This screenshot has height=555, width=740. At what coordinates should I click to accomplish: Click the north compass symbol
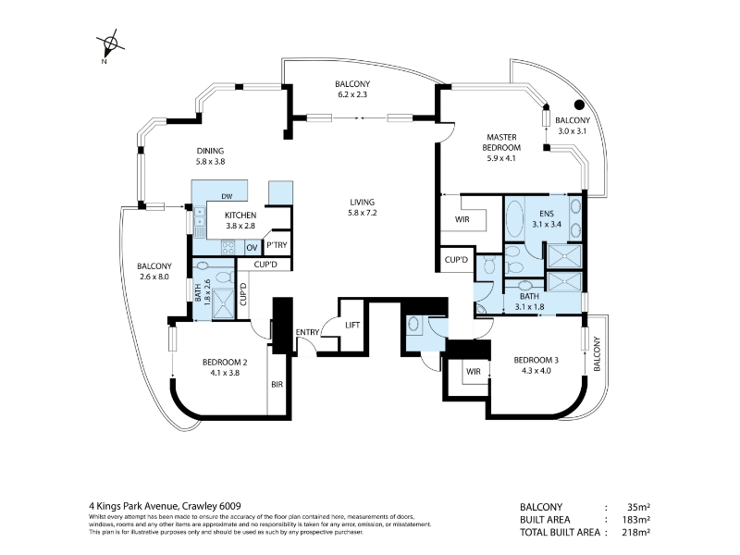pos(110,43)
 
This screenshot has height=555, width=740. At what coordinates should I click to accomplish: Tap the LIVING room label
pos(363,202)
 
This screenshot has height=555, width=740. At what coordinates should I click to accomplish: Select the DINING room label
pos(211,151)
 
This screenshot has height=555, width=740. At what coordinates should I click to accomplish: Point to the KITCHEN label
pos(240,216)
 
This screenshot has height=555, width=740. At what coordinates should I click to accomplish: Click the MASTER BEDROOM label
pos(501,142)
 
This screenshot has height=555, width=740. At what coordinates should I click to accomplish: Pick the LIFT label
pos(352,326)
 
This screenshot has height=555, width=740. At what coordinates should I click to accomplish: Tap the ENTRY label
pos(307,332)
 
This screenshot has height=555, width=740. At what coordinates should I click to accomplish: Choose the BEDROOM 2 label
pos(225,363)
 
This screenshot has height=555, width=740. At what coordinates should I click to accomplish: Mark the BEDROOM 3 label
pos(536,360)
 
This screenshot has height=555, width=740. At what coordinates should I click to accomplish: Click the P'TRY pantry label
pos(277,245)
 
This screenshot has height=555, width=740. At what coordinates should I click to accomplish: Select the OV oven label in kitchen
pos(252,248)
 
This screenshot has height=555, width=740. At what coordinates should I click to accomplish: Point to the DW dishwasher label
pos(227,196)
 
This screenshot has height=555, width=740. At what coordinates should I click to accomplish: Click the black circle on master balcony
pos(579,105)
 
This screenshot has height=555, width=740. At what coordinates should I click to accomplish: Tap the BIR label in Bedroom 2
pos(277,385)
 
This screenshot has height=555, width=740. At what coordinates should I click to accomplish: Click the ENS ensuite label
pos(547,214)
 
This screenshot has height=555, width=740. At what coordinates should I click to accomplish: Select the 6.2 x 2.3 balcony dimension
pos(352,94)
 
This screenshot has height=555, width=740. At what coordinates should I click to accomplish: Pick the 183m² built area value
pos(635,520)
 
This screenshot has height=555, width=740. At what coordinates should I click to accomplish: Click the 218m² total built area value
pos(635,533)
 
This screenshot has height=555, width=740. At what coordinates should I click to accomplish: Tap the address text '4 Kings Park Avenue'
pos(133,506)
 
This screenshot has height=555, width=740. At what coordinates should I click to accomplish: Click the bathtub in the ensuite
pos(514,219)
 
